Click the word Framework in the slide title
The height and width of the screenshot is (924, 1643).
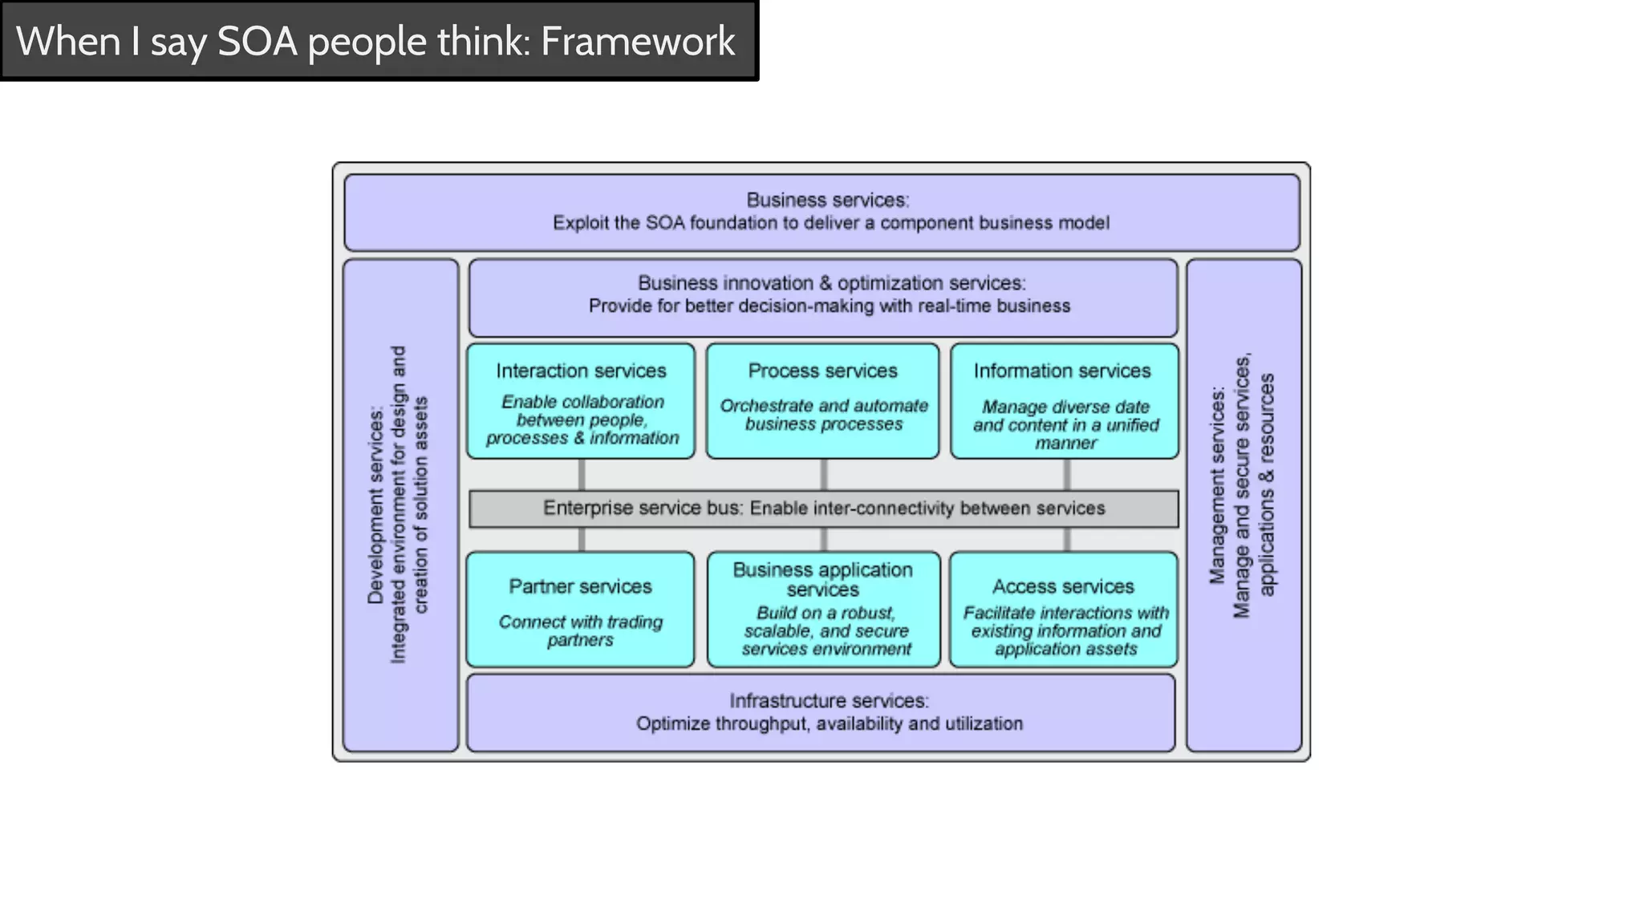(x=638, y=41)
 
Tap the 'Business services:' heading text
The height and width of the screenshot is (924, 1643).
(x=827, y=200)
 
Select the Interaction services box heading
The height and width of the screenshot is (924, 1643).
(x=581, y=371)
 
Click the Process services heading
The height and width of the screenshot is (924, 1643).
(x=822, y=371)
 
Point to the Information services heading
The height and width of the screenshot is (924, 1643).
(x=1062, y=371)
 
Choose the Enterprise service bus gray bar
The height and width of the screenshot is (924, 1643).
(x=824, y=509)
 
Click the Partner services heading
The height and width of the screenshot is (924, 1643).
(x=580, y=586)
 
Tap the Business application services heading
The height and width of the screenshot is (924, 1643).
(x=822, y=579)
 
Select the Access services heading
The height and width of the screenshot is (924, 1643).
(x=1063, y=586)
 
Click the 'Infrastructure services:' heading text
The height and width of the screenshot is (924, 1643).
(x=829, y=700)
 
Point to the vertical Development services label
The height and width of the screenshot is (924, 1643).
(x=375, y=505)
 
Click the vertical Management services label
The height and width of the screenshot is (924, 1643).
(x=1217, y=485)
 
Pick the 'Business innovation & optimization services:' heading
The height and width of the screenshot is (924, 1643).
(x=831, y=283)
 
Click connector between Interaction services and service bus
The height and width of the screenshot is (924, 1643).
(x=582, y=475)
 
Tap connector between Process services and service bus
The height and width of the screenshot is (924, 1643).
(x=824, y=475)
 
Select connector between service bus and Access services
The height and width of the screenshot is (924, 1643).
(x=1066, y=540)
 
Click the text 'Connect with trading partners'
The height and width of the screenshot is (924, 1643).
(x=580, y=630)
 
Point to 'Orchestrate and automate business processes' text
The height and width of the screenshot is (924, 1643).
(x=824, y=415)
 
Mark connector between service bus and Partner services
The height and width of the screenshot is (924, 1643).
(x=582, y=540)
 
